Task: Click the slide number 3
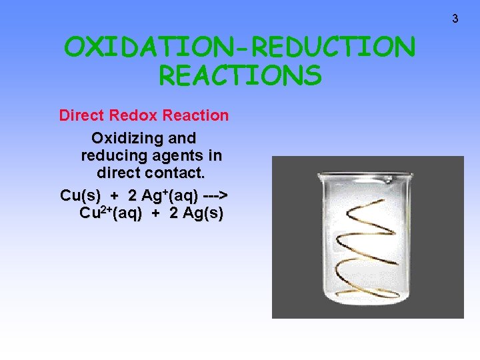point(455,19)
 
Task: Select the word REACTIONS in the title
point(240,75)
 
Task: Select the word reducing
point(111,156)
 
